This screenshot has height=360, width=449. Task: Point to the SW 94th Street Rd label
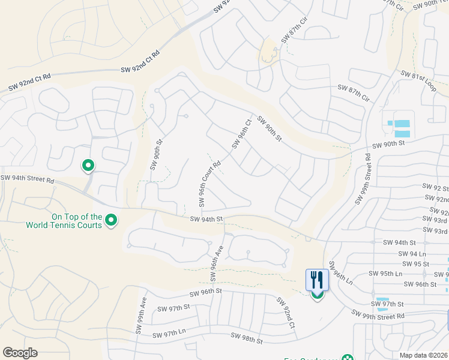coord(28,179)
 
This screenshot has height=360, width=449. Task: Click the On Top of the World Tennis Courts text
coord(64,221)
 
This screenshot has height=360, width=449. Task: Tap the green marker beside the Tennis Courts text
coord(111,221)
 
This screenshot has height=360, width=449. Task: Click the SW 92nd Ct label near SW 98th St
coord(285,313)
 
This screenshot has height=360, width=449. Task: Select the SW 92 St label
coord(435,188)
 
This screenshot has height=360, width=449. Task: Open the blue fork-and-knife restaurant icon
coord(317,279)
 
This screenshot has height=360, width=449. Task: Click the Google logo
coord(20,353)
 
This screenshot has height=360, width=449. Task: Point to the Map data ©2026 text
coord(423,355)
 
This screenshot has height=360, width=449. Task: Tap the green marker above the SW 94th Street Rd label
coord(88,165)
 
